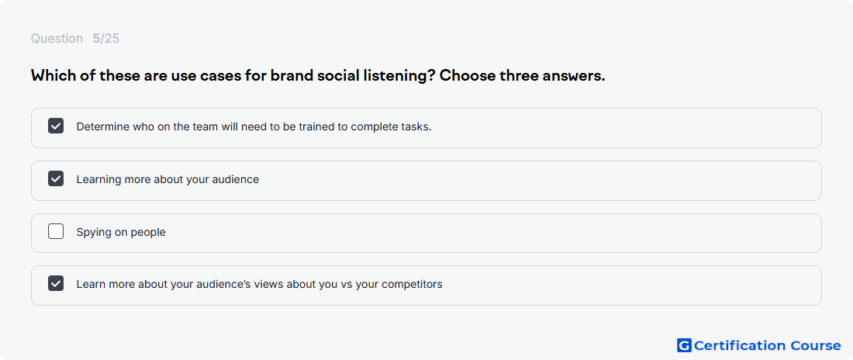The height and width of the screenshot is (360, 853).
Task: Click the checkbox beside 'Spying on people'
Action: [56, 231]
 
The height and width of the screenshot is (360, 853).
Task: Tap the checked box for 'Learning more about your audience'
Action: [56, 178]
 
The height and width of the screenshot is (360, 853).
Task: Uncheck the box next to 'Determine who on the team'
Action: [56, 126]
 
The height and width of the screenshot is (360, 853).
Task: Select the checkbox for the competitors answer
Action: [56, 284]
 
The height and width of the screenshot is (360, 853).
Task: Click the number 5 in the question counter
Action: [96, 39]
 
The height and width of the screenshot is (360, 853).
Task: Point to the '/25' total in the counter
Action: [110, 39]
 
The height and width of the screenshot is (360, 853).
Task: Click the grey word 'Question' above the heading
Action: [57, 39]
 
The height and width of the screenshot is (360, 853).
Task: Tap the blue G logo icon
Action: [684, 345]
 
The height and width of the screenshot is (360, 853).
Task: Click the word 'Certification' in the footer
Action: [740, 345]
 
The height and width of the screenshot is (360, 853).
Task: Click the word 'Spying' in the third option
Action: [93, 233]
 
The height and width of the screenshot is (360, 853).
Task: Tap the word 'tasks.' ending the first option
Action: [418, 126]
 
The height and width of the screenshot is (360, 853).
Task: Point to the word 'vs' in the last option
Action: [347, 284]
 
